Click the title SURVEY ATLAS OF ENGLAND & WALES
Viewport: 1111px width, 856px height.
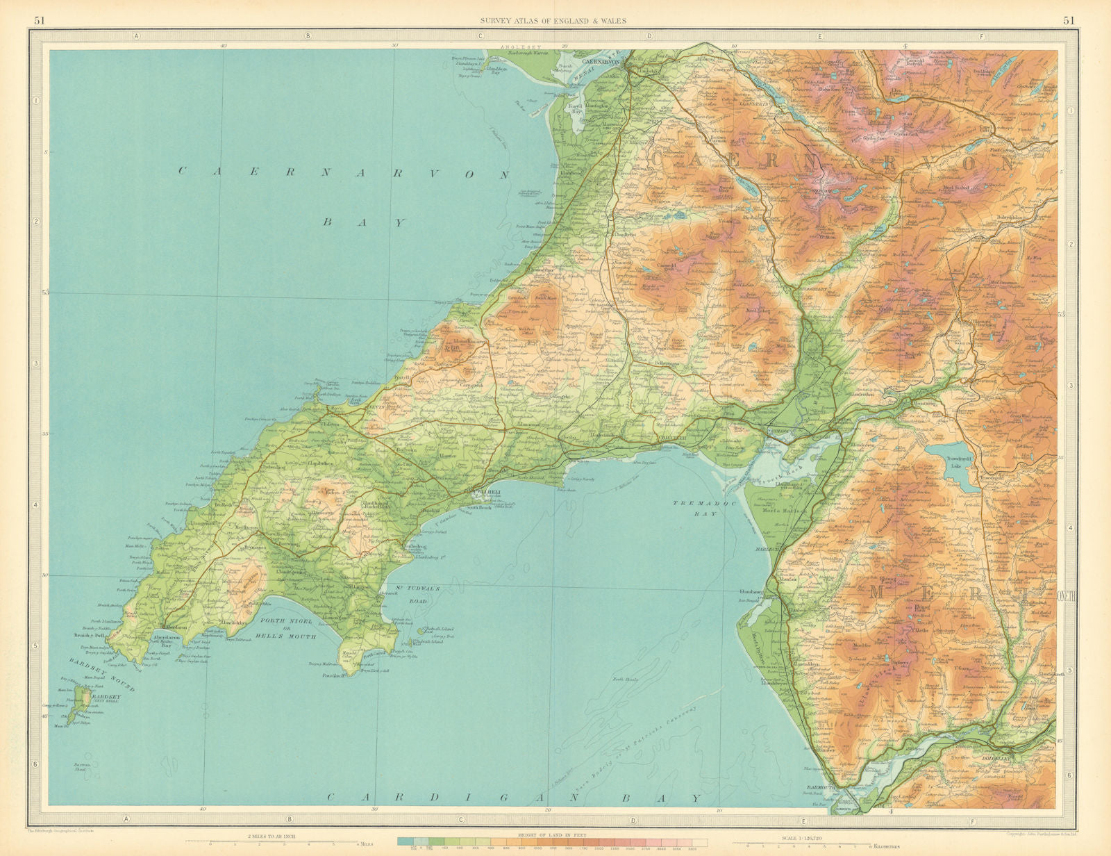pyautogui.click(x=553, y=21)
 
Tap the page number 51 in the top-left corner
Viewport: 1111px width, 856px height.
pyautogui.click(x=40, y=20)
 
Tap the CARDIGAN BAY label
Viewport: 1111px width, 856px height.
pyautogui.click(x=512, y=798)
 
